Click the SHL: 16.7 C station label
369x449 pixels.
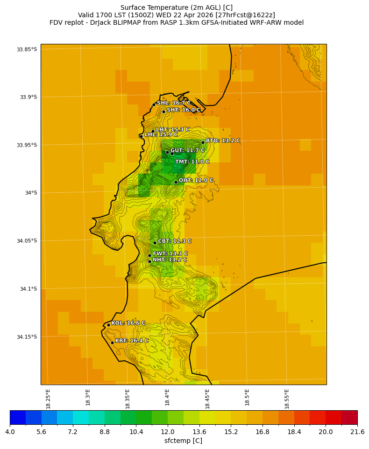coord(174,103)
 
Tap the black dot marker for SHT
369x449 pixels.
coord(163,112)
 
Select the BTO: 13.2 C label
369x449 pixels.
coord(223,140)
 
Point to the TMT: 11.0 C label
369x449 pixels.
coord(192,162)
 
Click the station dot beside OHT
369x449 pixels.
coord(176,182)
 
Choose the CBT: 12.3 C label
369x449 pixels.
coord(175,241)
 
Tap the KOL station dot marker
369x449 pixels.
coord(108,325)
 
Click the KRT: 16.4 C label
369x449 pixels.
coord(132,341)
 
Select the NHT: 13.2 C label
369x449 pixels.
coord(170,260)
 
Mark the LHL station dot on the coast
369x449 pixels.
coord(141,136)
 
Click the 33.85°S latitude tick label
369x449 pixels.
coord(27,49)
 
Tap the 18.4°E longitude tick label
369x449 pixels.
coord(167,397)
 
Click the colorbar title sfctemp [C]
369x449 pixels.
coord(183,441)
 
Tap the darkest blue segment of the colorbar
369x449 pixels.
coord(18,417)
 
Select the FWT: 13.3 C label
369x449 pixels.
coord(170,254)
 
